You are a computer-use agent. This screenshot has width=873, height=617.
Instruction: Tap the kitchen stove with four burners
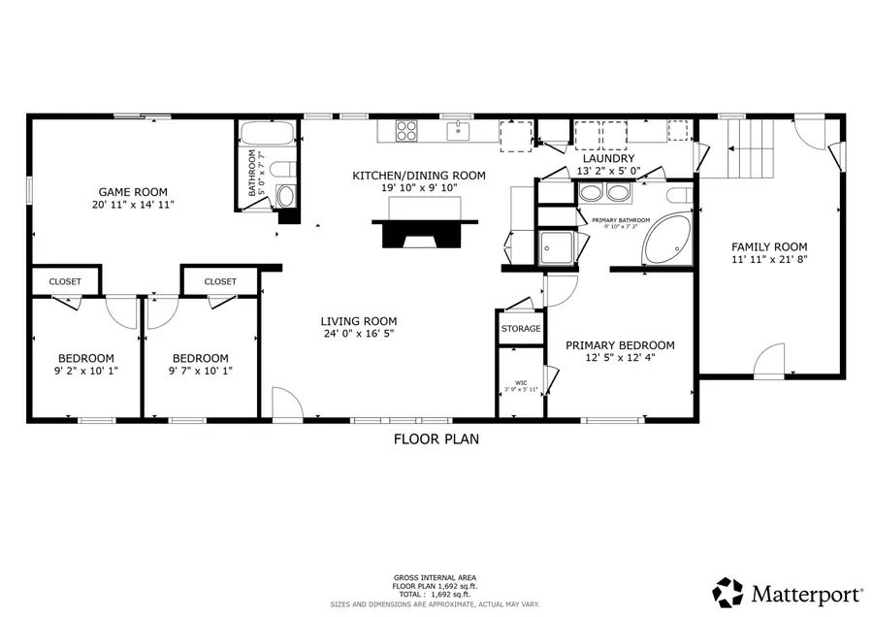pyautogui.click(x=406, y=129)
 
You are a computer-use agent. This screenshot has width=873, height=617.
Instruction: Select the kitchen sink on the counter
pyautogui.click(x=458, y=129)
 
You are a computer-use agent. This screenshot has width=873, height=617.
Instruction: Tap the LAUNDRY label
pyautogui.click(x=607, y=158)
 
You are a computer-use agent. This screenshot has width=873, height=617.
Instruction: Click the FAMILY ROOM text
pyautogui.click(x=769, y=246)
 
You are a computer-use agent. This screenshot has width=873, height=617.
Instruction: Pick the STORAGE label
pyautogui.click(x=521, y=329)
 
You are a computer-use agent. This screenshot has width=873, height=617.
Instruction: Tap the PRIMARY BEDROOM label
pyautogui.click(x=620, y=345)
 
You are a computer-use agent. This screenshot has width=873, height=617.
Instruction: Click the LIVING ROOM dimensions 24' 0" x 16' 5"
pyautogui.click(x=360, y=334)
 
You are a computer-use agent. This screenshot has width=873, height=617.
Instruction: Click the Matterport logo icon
pyautogui.click(x=728, y=591)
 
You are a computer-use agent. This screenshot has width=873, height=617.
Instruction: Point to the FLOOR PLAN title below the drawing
pyautogui.click(x=436, y=438)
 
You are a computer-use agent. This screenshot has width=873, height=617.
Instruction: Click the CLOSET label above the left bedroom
pyautogui.click(x=66, y=281)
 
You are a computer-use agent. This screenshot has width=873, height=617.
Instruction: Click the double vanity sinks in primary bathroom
pyautogui.click(x=603, y=192)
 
